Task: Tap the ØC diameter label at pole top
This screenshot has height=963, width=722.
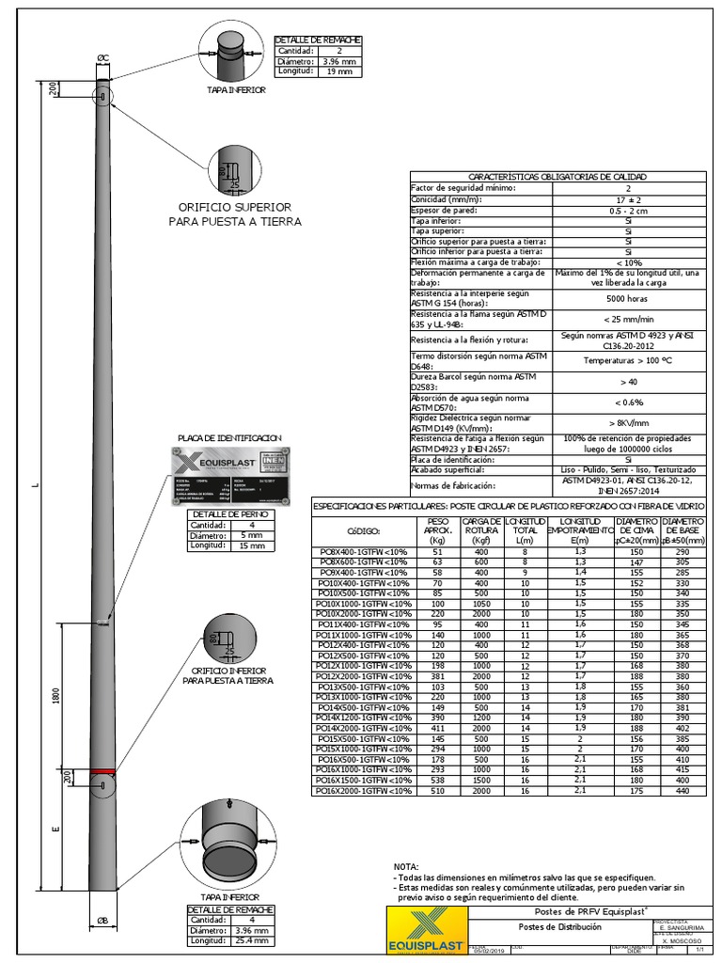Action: tap(103, 58)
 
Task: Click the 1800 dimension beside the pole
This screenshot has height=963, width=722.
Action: tap(57, 696)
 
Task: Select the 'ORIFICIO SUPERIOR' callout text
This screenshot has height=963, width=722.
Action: tap(235, 207)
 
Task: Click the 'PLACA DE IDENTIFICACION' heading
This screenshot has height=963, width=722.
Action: tap(230, 438)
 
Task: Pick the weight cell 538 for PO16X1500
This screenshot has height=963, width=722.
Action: tap(437, 781)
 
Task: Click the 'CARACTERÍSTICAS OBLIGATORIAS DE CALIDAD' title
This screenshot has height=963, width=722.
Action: tap(557, 177)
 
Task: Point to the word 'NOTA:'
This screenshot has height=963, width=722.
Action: tap(406, 866)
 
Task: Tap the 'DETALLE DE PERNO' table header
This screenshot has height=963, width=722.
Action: tap(230, 514)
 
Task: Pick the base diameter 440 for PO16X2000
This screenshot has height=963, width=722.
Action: tap(683, 791)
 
